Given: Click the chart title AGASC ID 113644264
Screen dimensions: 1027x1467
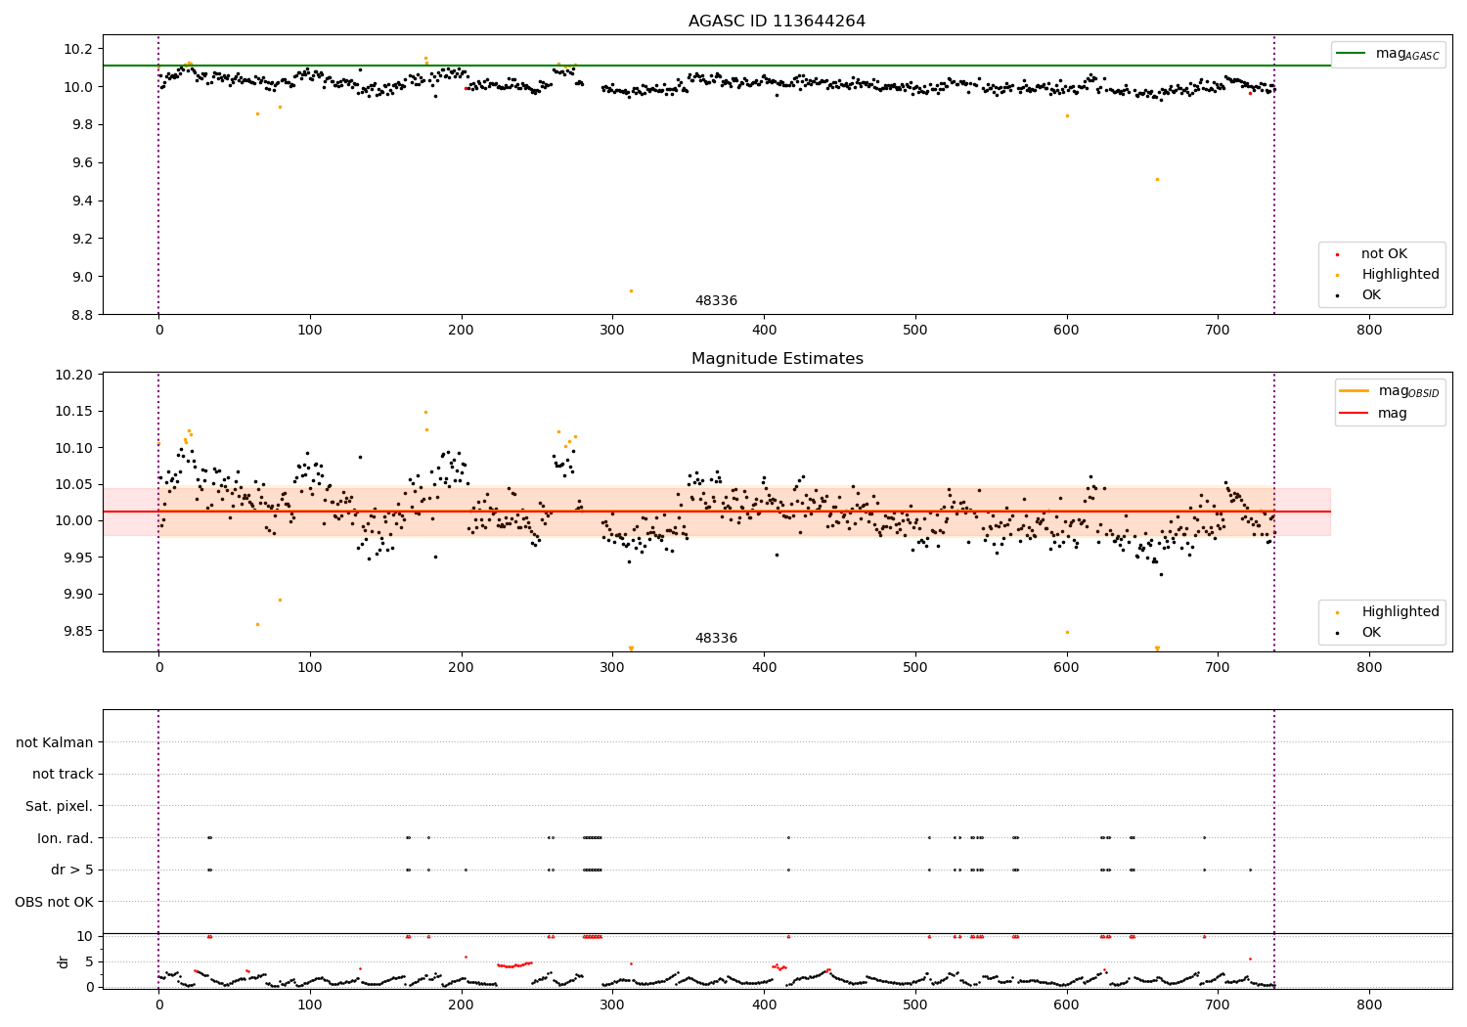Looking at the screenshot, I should (777, 22).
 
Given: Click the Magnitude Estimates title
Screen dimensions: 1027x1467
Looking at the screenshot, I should (777, 359).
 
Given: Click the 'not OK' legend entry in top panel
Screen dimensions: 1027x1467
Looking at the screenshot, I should (1383, 254).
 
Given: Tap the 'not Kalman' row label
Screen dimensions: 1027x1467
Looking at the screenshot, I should (55, 742).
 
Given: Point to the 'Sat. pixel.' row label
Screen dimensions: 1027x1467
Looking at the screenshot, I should (59, 806).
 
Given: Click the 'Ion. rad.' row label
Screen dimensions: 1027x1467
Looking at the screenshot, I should (66, 838).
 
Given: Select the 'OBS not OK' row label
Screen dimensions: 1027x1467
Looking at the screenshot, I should (54, 902).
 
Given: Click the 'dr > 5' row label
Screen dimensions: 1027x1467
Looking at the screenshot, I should (71, 870).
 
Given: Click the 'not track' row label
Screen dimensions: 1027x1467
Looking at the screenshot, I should (63, 774).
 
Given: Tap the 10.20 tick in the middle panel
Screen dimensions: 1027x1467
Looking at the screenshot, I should (75, 375).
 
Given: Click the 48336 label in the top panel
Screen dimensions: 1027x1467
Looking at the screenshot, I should (716, 301).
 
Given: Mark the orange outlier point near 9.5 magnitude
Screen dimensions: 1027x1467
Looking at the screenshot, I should (1157, 179).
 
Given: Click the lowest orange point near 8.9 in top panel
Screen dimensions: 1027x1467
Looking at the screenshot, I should (631, 290).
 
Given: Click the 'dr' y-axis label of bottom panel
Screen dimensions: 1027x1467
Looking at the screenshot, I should (64, 961).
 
